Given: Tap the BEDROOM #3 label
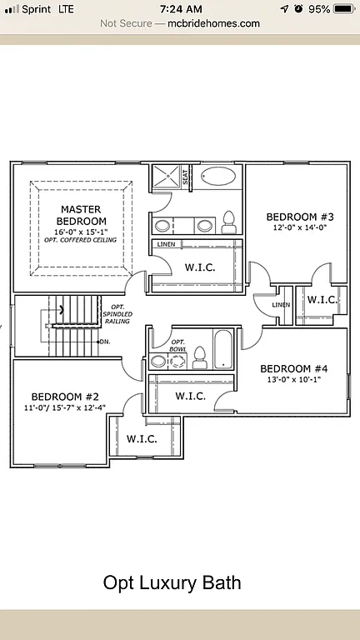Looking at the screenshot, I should point(294,213).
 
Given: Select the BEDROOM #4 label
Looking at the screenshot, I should point(294,368).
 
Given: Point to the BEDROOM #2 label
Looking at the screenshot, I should point(65,396).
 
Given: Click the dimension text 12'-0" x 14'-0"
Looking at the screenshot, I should point(294,225).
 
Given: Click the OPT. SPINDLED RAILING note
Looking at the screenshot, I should point(117,313).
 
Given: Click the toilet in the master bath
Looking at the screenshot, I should point(227,222).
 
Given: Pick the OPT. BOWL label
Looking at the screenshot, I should point(177,346).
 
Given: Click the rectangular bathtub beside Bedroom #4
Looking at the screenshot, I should point(223,350).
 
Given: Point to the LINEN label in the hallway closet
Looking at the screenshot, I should point(280,306).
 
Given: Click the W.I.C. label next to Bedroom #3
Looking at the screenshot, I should point(322,299).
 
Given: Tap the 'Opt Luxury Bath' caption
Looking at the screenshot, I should point(172,582).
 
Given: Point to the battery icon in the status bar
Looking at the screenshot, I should point(342,8).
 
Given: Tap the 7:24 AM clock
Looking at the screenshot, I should point(180,8).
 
